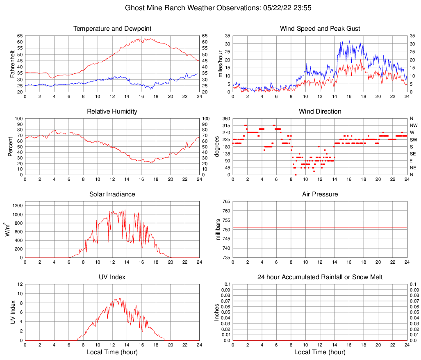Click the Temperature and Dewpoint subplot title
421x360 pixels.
coord(112,29)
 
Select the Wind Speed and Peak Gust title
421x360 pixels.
coord(320,29)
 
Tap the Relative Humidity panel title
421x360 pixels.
coord(112,112)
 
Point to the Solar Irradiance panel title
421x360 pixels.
coord(112,194)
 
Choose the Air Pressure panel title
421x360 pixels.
coord(320,194)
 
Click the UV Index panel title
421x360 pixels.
coord(112,277)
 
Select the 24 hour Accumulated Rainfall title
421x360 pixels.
coord(320,277)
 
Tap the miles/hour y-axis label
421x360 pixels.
coord(220,64)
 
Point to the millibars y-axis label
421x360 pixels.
coord(218,230)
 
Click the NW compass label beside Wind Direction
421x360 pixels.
coord(413,125)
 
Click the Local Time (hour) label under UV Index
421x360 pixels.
coord(112,352)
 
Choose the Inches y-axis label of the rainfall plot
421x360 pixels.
coord(217,312)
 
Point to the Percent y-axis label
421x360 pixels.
coord(11,146)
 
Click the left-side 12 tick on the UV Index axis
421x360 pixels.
coord(20,284)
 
